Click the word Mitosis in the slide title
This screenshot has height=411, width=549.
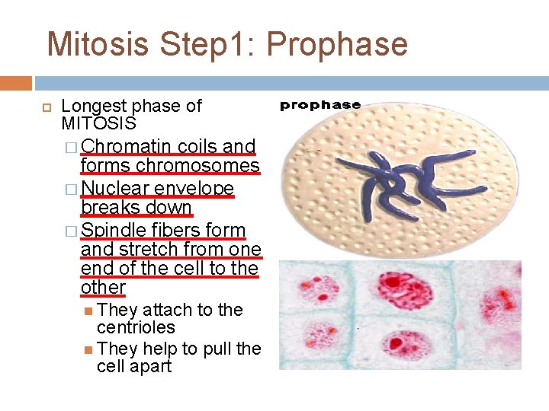click(98, 44)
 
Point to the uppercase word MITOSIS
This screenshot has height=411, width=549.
click(98, 123)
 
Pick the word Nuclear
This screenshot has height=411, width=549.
click(115, 188)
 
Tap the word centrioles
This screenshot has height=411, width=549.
click(136, 328)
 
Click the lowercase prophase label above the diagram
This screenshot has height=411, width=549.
click(319, 105)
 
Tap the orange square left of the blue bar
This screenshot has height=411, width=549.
click(15, 83)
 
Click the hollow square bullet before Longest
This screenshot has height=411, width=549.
click(47, 107)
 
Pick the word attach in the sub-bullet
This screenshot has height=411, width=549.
click(165, 310)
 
